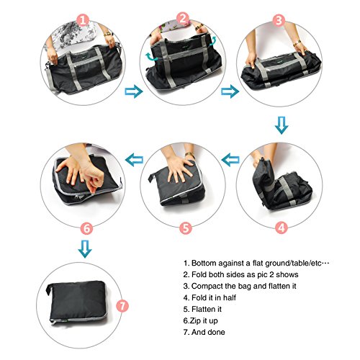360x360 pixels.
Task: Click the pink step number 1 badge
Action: tap(83, 20)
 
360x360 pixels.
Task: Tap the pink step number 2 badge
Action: tap(183, 19)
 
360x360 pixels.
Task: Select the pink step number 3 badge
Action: tap(279, 20)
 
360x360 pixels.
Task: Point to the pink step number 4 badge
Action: tap(282, 227)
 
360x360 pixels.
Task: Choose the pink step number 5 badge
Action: tap(186, 228)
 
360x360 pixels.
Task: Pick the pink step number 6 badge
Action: tap(86, 228)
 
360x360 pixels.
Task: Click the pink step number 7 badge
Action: tap(122, 306)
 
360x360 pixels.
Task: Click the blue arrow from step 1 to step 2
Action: tap(134, 91)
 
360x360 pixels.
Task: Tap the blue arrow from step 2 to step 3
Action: tap(230, 91)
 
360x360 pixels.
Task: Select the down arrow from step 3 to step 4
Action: tap(282, 125)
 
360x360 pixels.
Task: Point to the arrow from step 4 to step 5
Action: tap(230, 160)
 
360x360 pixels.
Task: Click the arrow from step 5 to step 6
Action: tap(134, 160)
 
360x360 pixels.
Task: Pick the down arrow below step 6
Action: tap(85, 249)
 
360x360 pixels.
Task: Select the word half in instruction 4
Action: tap(230, 297)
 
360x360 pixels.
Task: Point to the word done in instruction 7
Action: tap(216, 332)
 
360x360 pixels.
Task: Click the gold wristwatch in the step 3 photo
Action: tap(297, 43)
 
